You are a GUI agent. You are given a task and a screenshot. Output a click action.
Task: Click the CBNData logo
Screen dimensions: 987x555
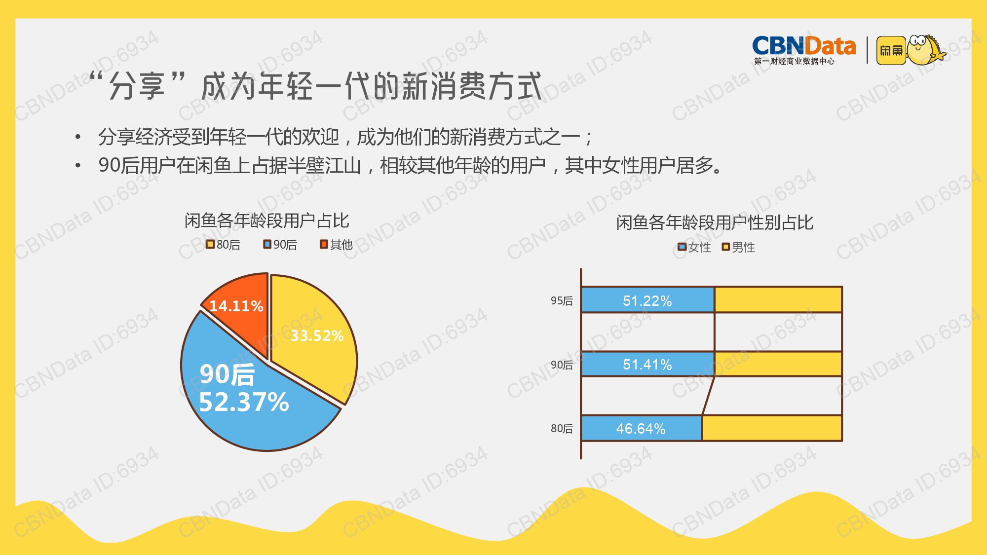point(804,50)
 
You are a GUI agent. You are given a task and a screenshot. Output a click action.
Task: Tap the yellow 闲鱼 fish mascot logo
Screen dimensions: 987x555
point(911,50)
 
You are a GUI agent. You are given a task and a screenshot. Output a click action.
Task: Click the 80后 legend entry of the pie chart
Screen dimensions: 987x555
point(223,245)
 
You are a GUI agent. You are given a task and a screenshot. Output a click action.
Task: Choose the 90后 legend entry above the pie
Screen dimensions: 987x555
point(280,245)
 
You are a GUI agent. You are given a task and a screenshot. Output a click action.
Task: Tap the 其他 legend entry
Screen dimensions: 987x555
point(337,245)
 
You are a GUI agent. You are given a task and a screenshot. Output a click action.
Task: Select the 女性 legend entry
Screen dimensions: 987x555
point(694,247)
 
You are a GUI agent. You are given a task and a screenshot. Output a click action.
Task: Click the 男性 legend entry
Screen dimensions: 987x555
point(738,247)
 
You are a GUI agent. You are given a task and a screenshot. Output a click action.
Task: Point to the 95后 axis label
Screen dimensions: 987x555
point(562,300)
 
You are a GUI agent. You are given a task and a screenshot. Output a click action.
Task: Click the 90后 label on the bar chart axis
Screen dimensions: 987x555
point(562,365)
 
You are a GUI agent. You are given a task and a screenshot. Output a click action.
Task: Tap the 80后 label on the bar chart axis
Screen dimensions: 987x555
point(562,428)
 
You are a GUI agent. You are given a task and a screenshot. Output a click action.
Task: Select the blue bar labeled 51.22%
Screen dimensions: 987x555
point(647,300)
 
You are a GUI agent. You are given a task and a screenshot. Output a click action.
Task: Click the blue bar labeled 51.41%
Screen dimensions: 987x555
point(648,364)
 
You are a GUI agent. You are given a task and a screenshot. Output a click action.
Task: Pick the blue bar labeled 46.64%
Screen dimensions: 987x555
point(642,428)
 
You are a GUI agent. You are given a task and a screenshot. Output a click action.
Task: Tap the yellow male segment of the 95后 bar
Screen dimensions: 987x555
point(778,300)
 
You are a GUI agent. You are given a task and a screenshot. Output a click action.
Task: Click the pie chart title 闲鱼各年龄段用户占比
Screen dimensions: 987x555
point(267,221)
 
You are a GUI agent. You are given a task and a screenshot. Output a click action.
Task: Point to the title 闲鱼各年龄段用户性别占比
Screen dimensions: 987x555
point(715,222)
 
